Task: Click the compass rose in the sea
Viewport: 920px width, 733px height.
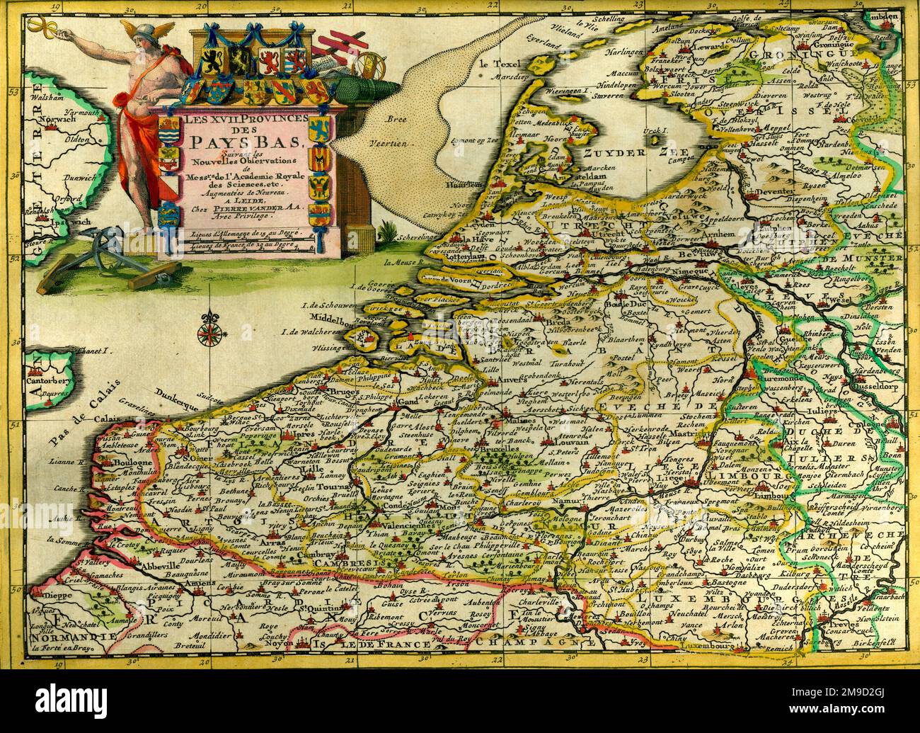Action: click(210, 331)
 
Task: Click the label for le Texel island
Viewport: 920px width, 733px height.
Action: click(494, 63)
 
